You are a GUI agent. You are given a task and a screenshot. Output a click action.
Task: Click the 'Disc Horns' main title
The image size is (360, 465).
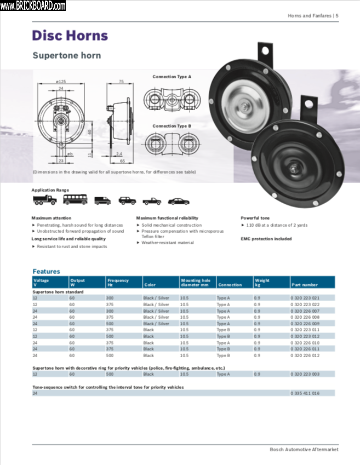[70, 36]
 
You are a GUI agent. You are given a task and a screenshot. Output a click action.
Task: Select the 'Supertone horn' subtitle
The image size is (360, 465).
[66, 55]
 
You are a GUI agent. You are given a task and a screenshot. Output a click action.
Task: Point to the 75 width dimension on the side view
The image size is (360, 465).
[121, 82]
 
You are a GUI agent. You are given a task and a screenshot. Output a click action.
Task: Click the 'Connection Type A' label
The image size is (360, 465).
[172, 77]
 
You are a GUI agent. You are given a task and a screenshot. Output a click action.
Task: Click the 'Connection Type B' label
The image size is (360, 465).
[172, 126]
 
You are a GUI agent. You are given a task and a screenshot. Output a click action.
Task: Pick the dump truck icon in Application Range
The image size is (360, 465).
[44, 200]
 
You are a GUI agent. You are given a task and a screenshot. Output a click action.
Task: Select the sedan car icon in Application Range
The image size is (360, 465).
[178, 201]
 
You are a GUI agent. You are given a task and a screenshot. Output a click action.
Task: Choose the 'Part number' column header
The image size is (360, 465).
[305, 285]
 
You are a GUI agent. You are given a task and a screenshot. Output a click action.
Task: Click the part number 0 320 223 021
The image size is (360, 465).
[305, 298]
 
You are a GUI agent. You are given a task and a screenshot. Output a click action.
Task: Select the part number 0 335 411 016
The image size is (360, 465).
[305, 393]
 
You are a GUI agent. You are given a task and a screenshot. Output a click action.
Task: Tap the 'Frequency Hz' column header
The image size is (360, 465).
[118, 283]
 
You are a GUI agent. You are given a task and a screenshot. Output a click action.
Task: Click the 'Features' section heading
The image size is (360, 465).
[46, 271]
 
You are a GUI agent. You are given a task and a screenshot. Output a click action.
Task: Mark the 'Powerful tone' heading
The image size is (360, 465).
[255, 218]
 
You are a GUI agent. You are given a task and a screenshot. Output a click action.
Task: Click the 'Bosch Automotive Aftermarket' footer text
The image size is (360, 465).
[304, 450]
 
